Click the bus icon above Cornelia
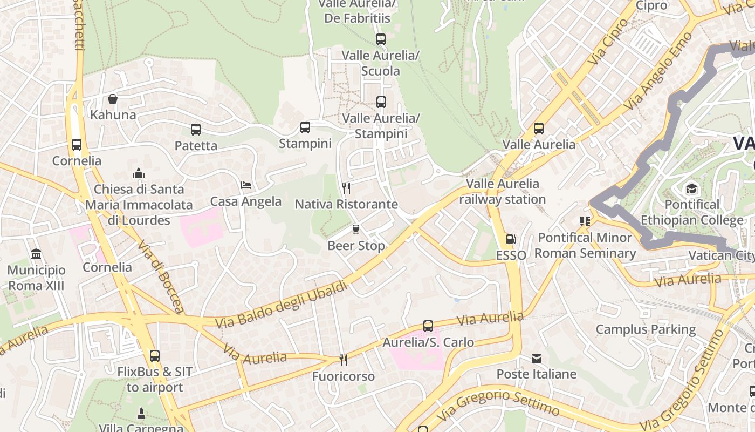point(77,145)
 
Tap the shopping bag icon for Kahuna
point(113,99)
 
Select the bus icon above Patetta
point(196,130)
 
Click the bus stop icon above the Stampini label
point(305,127)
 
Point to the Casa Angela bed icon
point(246,185)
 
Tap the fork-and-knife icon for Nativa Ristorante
point(346,188)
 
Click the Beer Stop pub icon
point(355,230)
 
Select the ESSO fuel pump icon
point(511,239)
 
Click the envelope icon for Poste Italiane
point(537,359)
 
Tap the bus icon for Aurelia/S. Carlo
point(428,326)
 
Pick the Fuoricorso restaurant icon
point(343,360)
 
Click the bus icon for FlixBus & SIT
point(155,356)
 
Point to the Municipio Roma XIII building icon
point(36,254)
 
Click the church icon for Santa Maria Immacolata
point(139,173)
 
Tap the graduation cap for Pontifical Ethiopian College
point(691,188)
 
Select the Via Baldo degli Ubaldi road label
point(282,305)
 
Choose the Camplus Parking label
point(646,329)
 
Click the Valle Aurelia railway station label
point(502,192)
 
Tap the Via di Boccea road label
point(161,276)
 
